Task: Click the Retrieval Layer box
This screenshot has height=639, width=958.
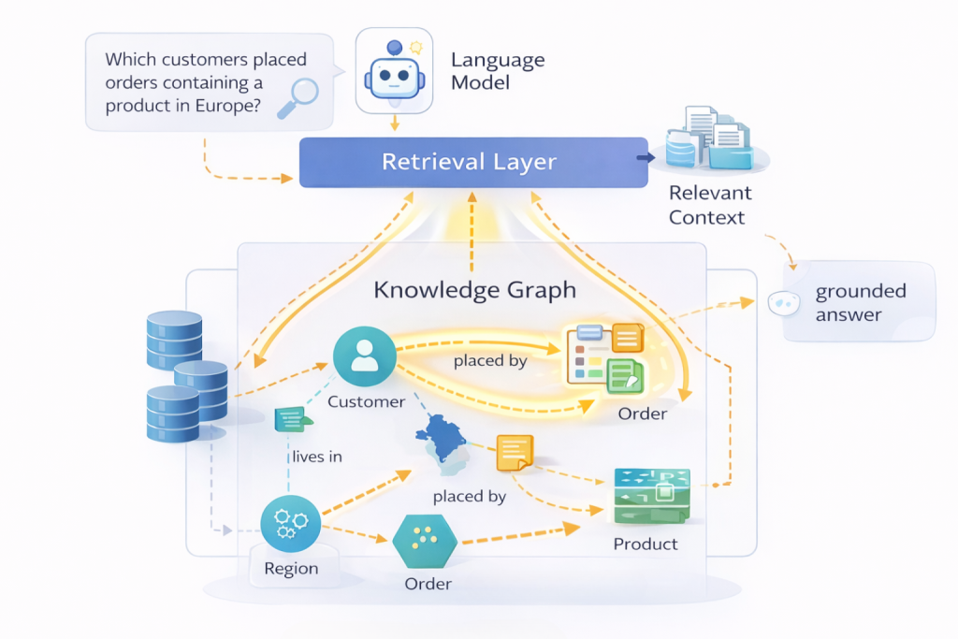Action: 468,162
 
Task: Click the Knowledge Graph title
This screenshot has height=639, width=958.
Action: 474,290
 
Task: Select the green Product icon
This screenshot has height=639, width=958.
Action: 650,496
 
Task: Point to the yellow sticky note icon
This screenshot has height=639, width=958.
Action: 514,453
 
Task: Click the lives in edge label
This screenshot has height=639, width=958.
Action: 316,457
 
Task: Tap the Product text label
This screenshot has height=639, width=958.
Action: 646,544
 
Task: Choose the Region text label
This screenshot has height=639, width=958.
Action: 291,569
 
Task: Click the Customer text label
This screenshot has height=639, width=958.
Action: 366,402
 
